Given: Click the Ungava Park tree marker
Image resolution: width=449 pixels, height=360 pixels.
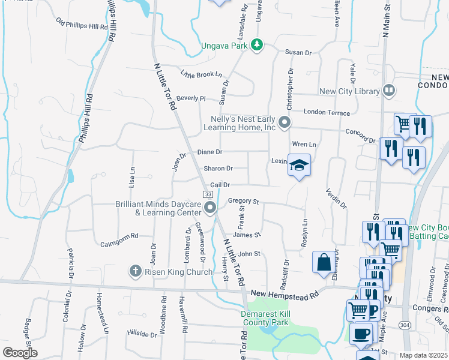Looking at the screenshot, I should point(257,45).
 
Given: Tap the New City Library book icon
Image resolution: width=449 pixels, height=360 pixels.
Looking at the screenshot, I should point(389,91).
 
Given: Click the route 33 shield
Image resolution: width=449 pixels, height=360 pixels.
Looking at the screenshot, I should point(207,194).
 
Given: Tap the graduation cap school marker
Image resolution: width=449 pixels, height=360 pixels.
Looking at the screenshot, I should point(299,166).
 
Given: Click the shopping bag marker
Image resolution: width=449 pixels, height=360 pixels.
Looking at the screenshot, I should point(324,262).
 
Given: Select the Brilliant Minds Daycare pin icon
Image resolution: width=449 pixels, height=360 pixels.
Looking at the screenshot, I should point(210,208).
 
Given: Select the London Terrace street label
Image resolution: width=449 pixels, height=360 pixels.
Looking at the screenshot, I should point(327,112).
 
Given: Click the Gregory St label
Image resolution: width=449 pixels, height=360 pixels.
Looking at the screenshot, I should point(243,201).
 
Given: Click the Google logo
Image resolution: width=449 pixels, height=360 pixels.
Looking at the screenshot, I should point(20,353).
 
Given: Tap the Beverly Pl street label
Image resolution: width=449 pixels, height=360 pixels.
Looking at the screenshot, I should point(191,98).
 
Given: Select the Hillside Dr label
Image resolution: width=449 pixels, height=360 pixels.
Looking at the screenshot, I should point(142,334).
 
